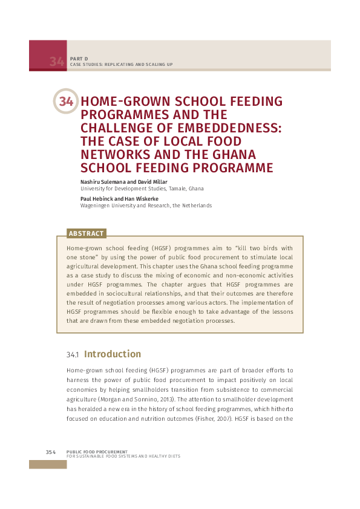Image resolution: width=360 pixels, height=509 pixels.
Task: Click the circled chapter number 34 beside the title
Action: (66, 102)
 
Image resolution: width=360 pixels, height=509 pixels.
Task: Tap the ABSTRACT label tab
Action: (87, 233)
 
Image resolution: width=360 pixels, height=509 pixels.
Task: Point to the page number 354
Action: (51, 452)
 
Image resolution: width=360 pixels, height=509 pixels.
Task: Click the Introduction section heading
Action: (113, 354)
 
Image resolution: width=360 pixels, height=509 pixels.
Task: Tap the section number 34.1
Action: (72, 355)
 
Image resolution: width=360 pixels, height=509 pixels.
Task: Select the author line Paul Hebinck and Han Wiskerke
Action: (118, 198)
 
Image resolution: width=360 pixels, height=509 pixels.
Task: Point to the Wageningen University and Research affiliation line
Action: (146, 206)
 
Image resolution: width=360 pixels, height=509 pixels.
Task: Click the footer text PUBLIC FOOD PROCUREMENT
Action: (97, 451)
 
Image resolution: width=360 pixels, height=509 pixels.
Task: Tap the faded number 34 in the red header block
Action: (57, 61)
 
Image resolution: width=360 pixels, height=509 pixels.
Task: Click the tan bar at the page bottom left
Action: (48, 464)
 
